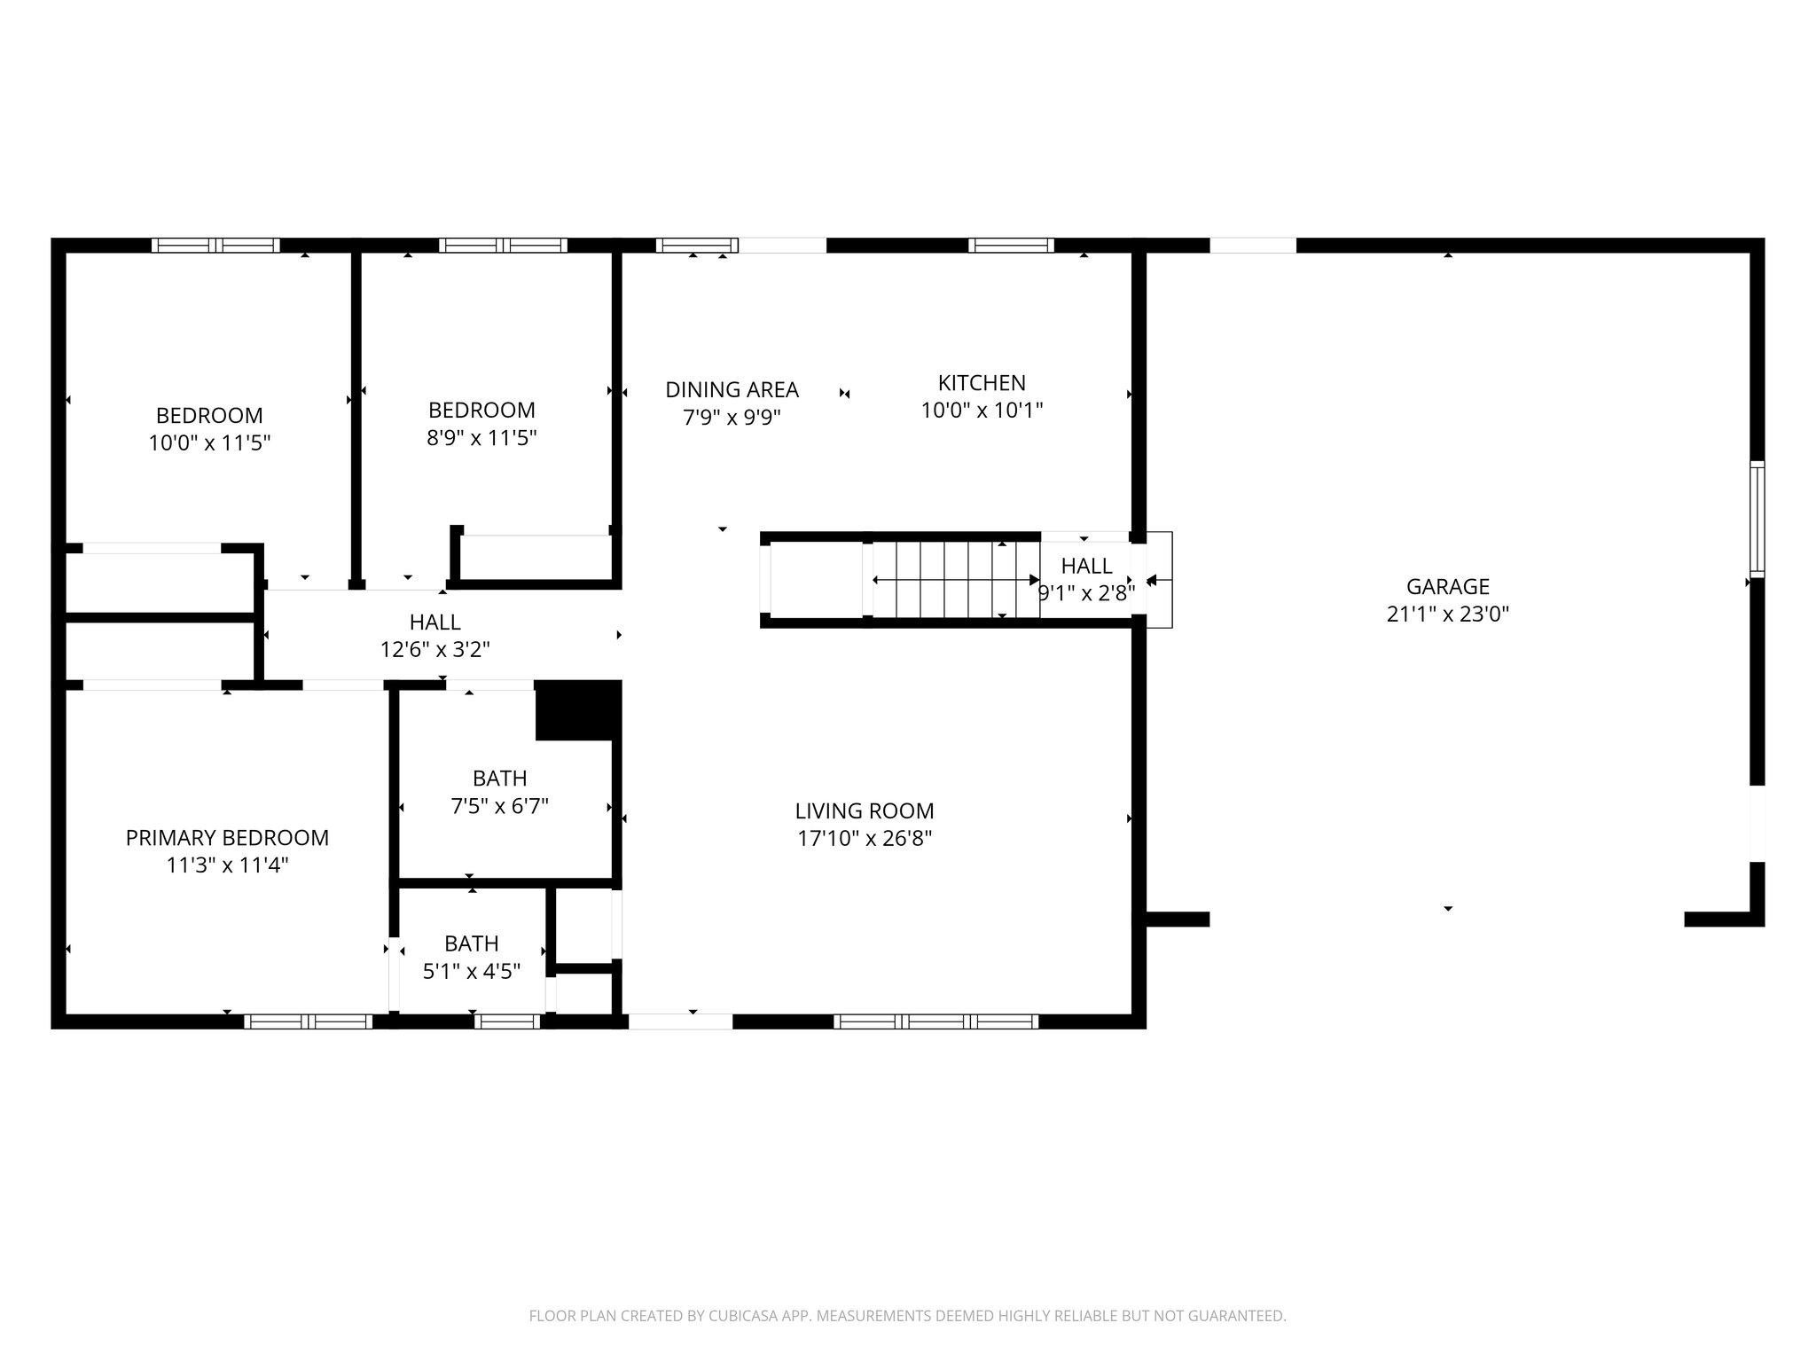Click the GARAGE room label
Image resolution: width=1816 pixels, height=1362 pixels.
(1447, 586)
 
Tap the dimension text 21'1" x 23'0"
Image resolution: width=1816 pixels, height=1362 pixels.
(1447, 614)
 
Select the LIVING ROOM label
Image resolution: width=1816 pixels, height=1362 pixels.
(864, 810)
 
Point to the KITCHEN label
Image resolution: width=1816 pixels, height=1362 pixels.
(982, 383)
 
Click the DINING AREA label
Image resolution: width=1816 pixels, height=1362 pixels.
(732, 389)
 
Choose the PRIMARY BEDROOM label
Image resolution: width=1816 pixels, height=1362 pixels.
(227, 837)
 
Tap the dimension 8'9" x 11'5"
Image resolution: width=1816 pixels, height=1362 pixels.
(481, 437)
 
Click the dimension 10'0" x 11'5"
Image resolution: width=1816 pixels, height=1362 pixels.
(209, 442)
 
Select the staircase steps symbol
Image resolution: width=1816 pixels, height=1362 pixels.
(956, 580)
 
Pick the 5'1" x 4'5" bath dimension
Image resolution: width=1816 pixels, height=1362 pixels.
(471, 971)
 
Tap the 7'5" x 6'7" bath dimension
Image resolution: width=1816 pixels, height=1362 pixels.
(499, 806)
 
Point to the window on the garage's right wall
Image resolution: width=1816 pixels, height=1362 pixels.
(1757, 519)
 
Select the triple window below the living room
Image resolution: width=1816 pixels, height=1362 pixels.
(935, 1021)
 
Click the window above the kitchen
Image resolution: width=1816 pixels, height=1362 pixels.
(1011, 246)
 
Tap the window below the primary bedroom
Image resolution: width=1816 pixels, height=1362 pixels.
(308, 1021)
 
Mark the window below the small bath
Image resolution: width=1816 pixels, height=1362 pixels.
(506, 1021)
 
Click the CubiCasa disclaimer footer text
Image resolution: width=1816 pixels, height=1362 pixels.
(907, 1316)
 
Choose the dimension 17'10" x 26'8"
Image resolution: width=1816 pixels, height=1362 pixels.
(864, 838)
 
